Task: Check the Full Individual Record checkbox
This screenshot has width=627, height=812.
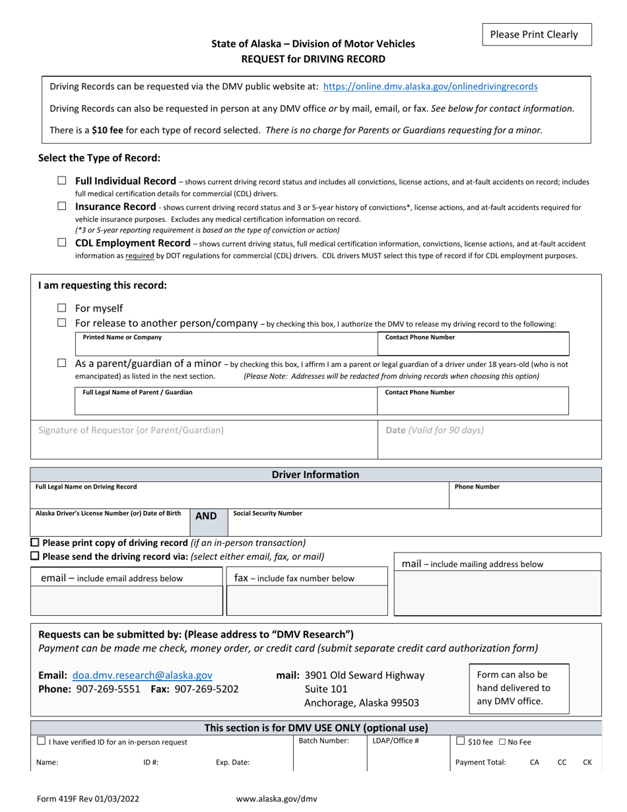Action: (62, 180)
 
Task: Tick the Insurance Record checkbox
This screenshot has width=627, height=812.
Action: (62, 207)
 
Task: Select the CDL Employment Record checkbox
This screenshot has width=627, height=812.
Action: (62, 243)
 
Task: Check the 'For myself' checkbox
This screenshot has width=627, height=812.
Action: (62, 308)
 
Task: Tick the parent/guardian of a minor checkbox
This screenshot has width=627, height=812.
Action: (62, 363)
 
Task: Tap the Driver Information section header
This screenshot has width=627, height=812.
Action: (315, 475)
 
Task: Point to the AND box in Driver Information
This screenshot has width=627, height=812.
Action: (206, 516)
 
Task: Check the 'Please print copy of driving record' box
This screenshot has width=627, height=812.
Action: (36, 543)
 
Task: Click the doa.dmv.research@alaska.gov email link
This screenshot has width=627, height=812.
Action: (143, 675)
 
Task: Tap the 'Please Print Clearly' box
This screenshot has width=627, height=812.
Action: (537, 35)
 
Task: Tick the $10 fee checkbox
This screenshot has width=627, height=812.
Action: (461, 742)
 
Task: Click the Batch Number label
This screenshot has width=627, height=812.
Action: (323, 741)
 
